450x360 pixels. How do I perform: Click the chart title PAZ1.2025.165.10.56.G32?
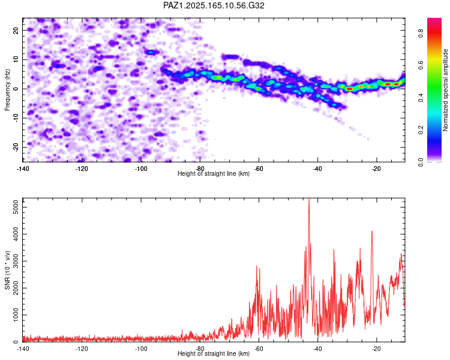pos(214,5)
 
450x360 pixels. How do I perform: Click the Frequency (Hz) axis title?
pos(7,90)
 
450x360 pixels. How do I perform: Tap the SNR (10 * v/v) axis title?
pos(7,270)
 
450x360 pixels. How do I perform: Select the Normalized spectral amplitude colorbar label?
pos(445,89)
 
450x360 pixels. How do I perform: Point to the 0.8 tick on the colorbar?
pos(421,34)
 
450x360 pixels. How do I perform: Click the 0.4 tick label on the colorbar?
pos(421,98)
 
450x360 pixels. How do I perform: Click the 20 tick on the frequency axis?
pos(16,30)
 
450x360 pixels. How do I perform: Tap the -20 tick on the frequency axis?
pos(16,147)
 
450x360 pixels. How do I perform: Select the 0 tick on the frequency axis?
pos(16,89)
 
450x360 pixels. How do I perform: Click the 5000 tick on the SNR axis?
pos(16,207)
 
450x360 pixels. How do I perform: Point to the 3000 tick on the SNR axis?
pos(16,261)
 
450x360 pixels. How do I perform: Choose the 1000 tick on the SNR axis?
pos(16,315)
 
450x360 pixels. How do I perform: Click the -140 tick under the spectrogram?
pos(22,169)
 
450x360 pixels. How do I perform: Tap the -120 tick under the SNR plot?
pos(82,349)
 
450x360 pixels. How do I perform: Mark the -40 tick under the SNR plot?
pos(317,349)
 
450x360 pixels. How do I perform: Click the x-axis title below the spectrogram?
pos(214,173)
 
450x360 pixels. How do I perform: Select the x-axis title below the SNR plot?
pos(214,353)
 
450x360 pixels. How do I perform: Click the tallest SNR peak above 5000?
pos(309,199)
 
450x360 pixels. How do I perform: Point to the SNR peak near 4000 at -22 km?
pos(372,231)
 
